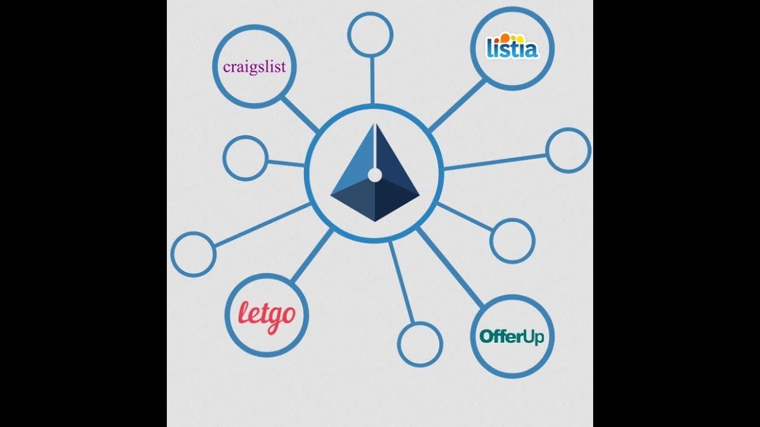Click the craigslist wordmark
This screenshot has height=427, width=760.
(254, 66)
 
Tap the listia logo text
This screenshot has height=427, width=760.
(512, 49)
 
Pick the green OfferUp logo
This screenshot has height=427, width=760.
(512, 337)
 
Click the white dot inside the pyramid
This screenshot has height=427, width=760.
(375, 174)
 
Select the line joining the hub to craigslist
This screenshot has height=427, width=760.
(300, 114)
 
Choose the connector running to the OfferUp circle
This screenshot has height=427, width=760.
(449, 266)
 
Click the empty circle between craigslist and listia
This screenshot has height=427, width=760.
(370, 34)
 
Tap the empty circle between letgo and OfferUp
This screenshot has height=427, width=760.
(420, 344)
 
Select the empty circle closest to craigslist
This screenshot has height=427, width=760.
(245, 158)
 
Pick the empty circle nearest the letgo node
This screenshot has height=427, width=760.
(193, 253)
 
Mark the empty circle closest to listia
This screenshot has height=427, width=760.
(568, 151)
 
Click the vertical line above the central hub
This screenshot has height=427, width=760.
(372, 79)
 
